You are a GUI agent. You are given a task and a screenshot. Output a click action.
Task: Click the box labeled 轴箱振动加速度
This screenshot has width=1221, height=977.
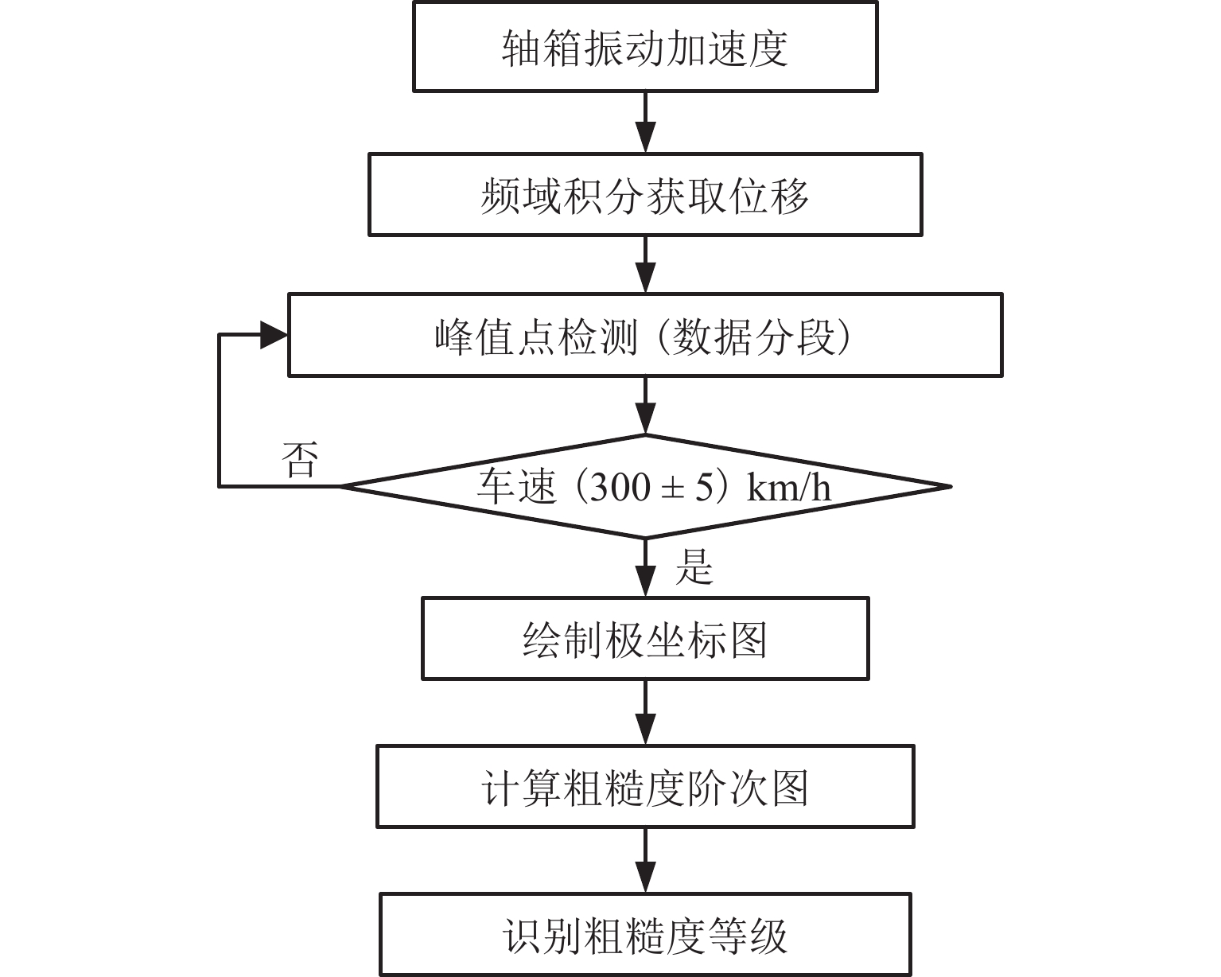click(644, 47)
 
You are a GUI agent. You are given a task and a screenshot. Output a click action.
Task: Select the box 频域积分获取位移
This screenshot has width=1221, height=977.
click(644, 195)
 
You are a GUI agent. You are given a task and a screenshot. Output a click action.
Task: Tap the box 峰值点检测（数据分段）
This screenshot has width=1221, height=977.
click(644, 336)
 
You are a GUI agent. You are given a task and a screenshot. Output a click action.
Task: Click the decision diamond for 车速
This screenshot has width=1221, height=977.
click(644, 486)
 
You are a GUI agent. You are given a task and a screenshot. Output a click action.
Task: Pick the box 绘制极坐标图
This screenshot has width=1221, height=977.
click(644, 639)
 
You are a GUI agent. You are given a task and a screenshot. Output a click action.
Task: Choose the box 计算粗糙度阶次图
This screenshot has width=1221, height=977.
click(644, 787)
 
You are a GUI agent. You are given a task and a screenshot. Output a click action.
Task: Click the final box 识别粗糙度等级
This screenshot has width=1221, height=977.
click(644, 936)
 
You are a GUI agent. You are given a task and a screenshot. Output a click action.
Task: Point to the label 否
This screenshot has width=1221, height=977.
click(300, 460)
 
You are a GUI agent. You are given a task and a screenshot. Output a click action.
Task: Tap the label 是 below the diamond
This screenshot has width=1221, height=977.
click(694, 567)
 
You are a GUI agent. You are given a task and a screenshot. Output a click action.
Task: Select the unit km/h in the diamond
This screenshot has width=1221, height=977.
click(789, 487)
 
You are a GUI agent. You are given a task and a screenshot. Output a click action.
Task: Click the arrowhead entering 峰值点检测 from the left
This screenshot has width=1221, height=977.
click(273, 336)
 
